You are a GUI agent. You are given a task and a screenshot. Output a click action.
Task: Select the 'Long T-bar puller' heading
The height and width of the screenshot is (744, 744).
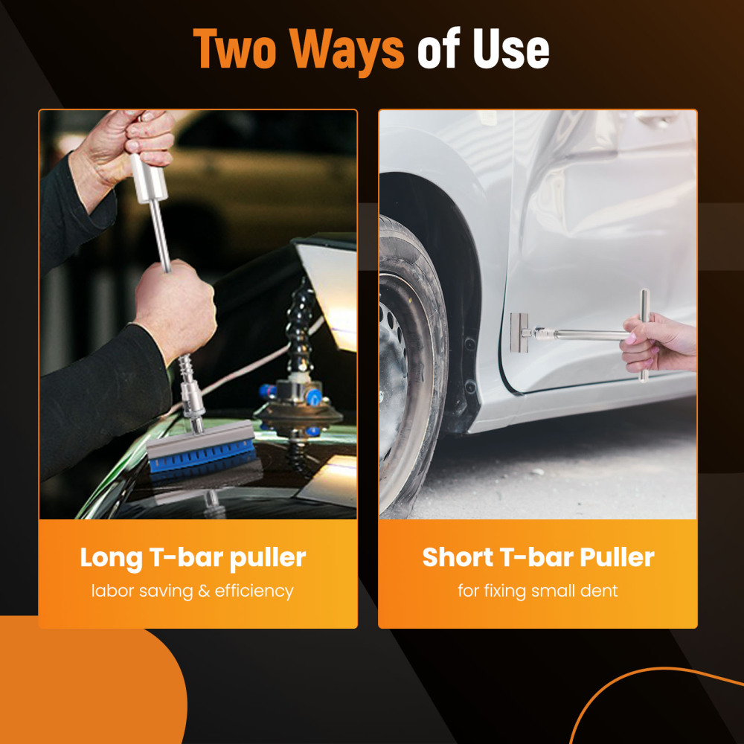coord(193,557)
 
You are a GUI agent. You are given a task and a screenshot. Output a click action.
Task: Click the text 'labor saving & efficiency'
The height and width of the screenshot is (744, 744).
coord(193,591)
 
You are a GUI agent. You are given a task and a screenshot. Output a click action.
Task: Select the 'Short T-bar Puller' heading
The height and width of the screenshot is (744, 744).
coord(538,557)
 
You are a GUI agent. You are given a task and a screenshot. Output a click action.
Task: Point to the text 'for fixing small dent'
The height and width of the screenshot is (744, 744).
coord(538,591)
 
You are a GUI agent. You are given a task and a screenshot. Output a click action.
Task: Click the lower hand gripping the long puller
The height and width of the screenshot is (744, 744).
coord(175,305)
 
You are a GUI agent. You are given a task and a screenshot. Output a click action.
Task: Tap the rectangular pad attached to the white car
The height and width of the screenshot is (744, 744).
coord(519,333)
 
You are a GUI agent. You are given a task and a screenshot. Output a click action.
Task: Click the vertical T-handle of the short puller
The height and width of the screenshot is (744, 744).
coord(644,335)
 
